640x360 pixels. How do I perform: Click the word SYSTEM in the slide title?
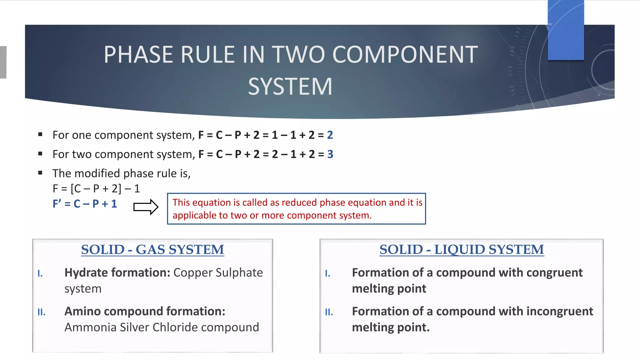click(290, 87)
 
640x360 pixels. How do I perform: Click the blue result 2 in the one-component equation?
click(330, 135)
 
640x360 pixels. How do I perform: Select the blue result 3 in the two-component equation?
click(330, 154)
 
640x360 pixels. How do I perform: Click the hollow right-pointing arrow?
click(146, 207)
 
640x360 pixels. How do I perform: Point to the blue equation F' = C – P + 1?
click(85, 204)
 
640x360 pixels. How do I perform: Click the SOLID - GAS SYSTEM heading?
click(152, 250)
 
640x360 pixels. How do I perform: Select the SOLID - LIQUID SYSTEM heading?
click(462, 250)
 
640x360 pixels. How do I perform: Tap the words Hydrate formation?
click(117, 273)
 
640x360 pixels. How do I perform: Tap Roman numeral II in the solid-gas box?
click(41, 312)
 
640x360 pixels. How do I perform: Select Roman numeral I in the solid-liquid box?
click(327, 274)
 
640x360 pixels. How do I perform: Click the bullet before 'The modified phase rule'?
click(40, 173)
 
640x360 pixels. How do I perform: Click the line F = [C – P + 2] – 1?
click(96, 188)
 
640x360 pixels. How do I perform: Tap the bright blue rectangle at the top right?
click(566, 30)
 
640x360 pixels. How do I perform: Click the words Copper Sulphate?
click(218, 273)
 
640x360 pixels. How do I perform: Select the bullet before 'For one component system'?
click(40, 135)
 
